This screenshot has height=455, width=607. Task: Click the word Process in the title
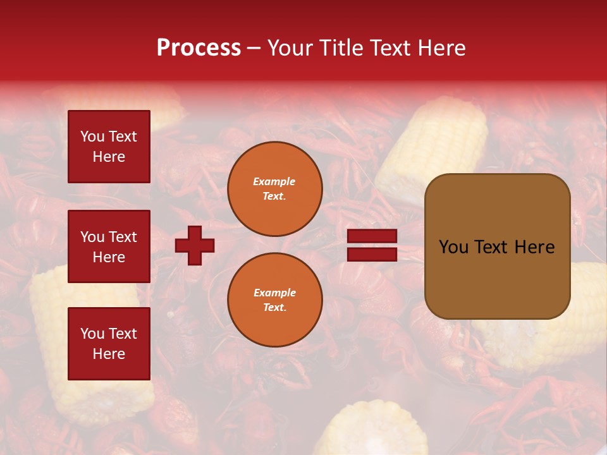point(199,48)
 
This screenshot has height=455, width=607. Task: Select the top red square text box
point(109,147)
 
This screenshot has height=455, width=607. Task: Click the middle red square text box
point(109,246)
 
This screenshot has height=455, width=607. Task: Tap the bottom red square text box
point(109,344)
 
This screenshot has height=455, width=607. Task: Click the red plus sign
point(195,245)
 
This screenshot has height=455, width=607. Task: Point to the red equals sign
point(372,245)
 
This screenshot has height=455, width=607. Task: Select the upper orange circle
point(275,189)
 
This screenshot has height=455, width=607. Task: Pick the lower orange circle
point(275,300)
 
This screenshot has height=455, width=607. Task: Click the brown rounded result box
point(497,246)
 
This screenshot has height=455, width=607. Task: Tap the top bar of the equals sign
point(372,236)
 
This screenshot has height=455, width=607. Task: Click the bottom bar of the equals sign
point(372,254)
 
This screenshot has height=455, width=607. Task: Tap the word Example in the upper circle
point(274,181)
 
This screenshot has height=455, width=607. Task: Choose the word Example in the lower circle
point(274,293)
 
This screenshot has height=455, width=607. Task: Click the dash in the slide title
point(254,48)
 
